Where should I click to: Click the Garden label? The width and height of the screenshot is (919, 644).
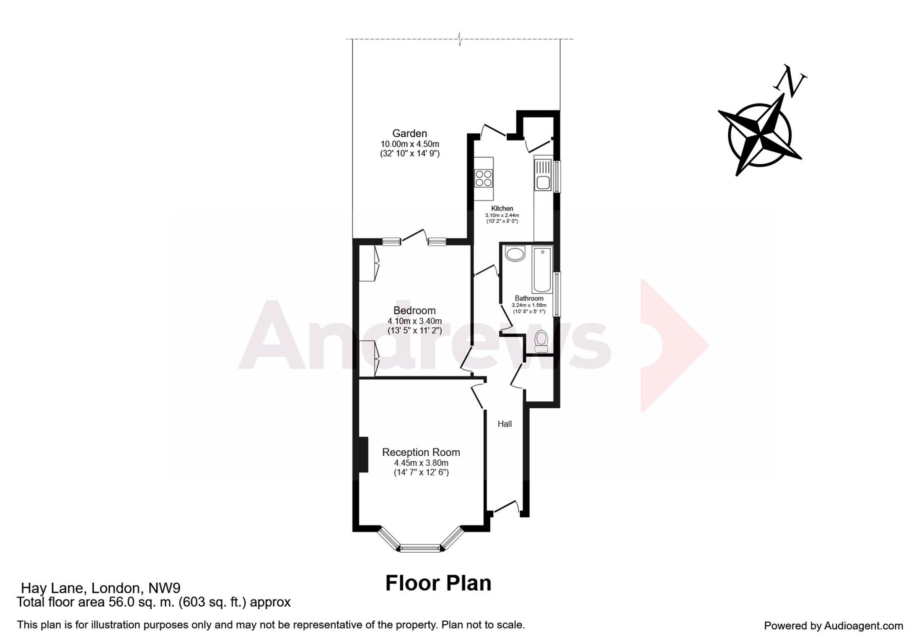pos(409,133)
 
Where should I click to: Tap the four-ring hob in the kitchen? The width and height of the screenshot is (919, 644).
pos(483,178)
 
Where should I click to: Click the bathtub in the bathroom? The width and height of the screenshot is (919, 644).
pos(542,269)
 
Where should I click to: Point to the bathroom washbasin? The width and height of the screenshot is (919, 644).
pos(515,254)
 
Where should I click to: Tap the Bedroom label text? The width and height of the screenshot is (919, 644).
pos(414,311)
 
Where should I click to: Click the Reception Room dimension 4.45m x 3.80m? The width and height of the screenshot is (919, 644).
pos(421,463)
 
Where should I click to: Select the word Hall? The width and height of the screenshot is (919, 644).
pos(505,424)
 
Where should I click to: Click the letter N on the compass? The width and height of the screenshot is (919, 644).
pos(790,82)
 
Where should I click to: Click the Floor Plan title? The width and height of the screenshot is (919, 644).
pos(438,583)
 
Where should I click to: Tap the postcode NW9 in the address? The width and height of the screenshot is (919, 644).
pos(164,588)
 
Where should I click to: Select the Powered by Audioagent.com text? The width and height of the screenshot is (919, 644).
pos(833,626)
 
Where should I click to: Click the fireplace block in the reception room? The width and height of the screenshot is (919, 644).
pos(363,454)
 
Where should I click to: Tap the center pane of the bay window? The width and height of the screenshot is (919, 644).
pos(420,548)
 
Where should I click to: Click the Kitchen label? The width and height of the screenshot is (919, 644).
pos(502,208)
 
